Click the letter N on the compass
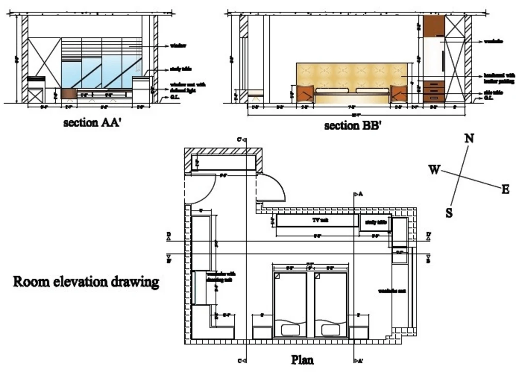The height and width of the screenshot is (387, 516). tap(469, 138)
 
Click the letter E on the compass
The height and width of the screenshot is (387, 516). tap(506, 189)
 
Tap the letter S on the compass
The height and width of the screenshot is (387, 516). tap(449, 213)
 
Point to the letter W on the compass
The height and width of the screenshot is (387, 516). tap(435, 170)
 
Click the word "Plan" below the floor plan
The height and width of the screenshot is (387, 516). tap(302, 359)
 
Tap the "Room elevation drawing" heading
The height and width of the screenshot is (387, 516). tap(86, 282)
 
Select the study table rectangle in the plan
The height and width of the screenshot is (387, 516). tap(376, 222)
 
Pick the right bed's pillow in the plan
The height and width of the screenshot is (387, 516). tap(331, 329)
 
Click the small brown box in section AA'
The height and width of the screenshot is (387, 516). tap(69, 93)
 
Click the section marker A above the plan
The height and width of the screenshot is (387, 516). tap(358, 194)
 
